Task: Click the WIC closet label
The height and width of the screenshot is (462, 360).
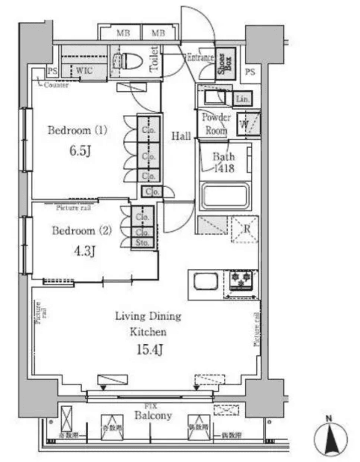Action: tap(84, 70)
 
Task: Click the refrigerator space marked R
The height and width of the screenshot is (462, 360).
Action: tap(245, 229)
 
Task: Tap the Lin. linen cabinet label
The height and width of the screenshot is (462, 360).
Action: tap(242, 98)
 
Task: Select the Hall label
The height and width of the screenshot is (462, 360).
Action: tap(181, 135)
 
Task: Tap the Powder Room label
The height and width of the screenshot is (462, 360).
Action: tap(216, 124)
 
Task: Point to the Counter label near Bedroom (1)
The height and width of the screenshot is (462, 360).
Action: tap(56, 85)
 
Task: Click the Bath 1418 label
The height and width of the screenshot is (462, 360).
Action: tap(224, 162)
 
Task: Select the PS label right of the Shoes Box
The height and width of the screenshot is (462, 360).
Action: tap(250, 72)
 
